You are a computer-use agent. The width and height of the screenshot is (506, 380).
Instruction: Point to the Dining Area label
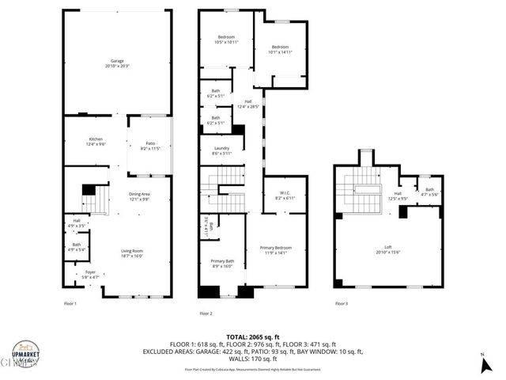pyautogui.click(x=139, y=196)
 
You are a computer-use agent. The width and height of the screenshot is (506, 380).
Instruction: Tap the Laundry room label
pyautogui.click(x=210, y=150)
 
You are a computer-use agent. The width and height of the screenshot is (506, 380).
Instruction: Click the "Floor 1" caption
pyautogui.click(x=70, y=303)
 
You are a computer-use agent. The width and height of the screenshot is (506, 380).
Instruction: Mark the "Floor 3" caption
pyautogui.click(x=341, y=303)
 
